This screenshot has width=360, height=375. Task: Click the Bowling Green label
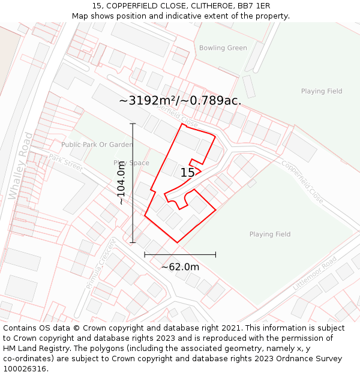coord(223,48)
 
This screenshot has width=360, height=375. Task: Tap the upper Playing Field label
coord(321,91)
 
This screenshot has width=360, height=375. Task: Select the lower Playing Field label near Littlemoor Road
coord(269,234)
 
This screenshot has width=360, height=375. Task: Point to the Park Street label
coord(65,161)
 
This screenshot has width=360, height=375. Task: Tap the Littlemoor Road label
coord(315,274)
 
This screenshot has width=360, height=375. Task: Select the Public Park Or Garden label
coord(97,145)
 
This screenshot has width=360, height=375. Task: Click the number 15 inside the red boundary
coord(187,173)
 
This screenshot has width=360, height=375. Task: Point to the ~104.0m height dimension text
coord(122,183)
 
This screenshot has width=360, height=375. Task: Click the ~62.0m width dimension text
coord(180,267)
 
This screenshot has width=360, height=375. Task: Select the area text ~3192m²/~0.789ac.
coord(180,101)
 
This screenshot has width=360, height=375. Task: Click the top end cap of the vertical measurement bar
coord(133,124)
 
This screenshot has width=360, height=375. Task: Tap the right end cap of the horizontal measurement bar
coord(215,255)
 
